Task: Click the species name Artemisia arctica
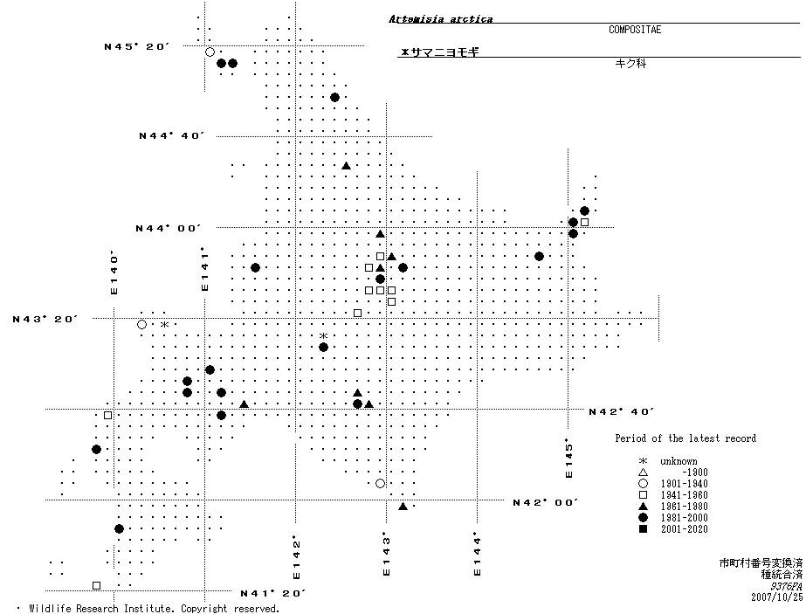pos(440,19)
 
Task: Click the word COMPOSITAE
pos(635,30)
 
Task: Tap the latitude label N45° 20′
pos(136,47)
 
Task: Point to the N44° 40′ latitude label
pos(172,136)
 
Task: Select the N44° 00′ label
pos(169,228)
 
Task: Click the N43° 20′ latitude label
pos(45,320)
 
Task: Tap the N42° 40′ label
pos(622,411)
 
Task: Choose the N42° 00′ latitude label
pos(546,502)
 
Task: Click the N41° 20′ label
pos(273,593)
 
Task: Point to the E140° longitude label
pos(114,273)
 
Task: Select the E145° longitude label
pos(568,458)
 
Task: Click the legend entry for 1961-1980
pos(673,507)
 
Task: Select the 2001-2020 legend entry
pos(673,529)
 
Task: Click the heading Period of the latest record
pos(685,438)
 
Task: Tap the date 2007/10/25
pos(776,597)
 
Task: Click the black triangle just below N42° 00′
pos(403,507)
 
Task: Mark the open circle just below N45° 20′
pos(210,52)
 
